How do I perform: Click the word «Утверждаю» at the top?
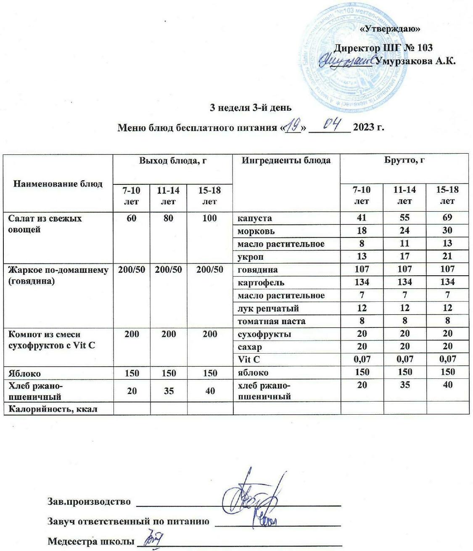pyautogui.click(x=391, y=29)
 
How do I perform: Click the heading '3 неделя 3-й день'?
pyautogui.click(x=251, y=107)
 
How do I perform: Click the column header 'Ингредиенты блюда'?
pyautogui.click(x=286, y=160)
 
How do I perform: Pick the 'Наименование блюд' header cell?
pyautogui.click(x=58, y=184)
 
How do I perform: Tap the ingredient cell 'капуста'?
pyautogui.click(x=254, y=218)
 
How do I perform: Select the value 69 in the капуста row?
pyautogui.click(x=447, y=218)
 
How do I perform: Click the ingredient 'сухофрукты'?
pyautogui.click(x=264, y=334)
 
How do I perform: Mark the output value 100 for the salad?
pyautogui.click(x=209, y=218)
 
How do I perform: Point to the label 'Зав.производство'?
pyautogui.click(x=89, y=501)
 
